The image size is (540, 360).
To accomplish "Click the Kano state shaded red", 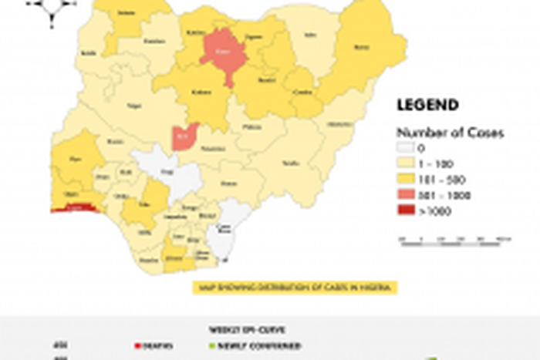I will click(223, 54).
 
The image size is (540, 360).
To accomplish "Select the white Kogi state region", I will click(170, 171).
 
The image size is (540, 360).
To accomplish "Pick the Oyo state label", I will click(75, 160).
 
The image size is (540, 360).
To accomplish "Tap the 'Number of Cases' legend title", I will click(450, 133).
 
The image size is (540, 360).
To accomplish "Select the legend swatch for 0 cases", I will click(407, 148).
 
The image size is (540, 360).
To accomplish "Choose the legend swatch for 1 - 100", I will click(407, 163).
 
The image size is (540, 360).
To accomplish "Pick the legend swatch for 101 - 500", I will click(407, 180).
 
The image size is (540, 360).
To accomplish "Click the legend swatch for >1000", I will click(407, 210).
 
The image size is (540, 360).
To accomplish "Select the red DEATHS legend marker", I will click(137, 346).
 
